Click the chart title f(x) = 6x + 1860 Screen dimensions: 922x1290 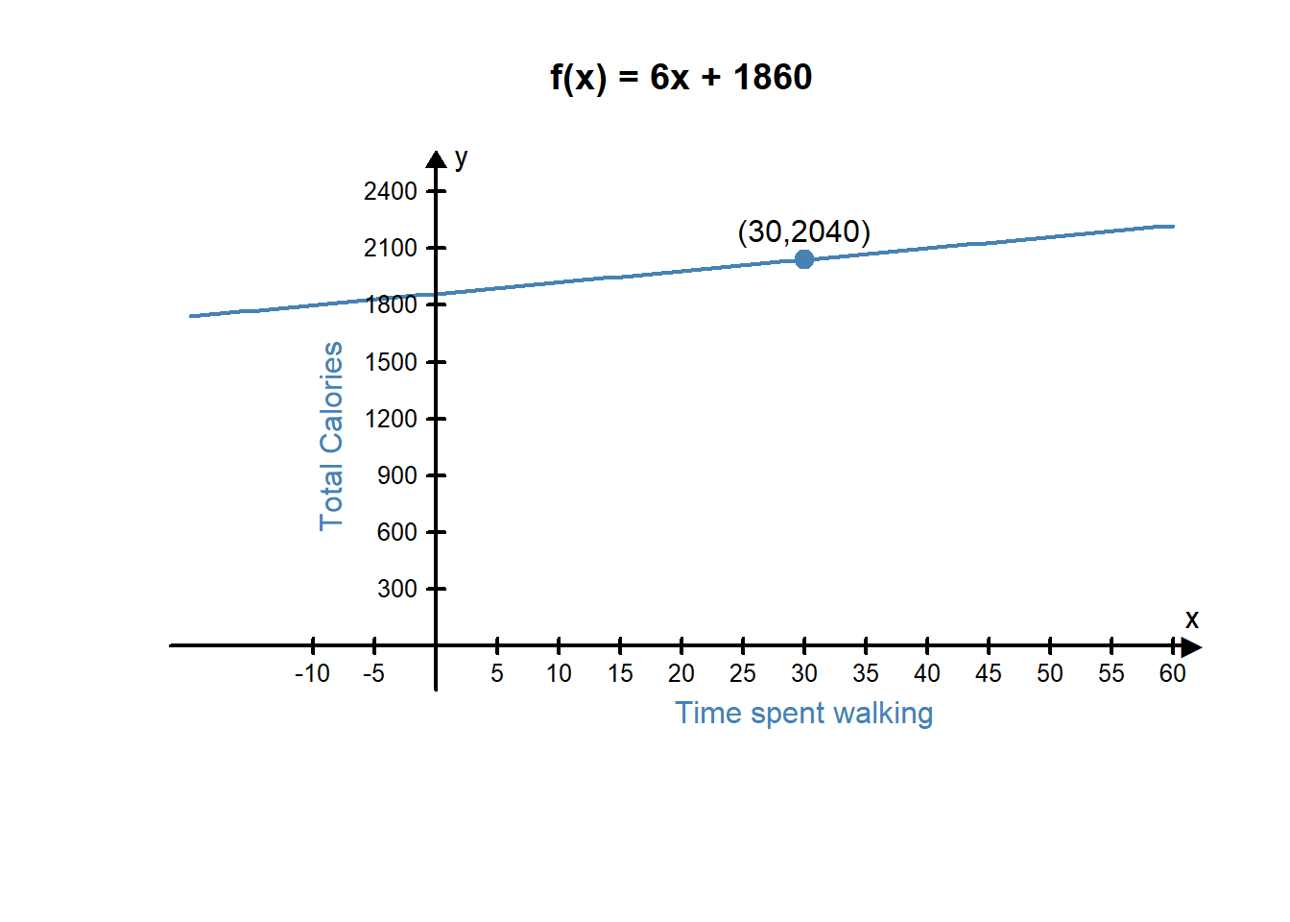point(681,77)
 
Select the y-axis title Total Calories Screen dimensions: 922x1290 point(331,436)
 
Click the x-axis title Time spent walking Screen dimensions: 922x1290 point(803,713)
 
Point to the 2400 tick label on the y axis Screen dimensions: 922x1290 point(390,191)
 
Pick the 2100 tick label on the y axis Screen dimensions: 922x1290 point(390,248)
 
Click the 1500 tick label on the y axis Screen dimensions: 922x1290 point(390,362)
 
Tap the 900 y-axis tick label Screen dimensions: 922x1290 point(396,475)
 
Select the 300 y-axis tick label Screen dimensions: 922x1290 point(396,589)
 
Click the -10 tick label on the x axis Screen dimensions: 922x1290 point(312,673)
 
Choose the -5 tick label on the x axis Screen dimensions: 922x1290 point(373,673)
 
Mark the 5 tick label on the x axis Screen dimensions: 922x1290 point(497,673)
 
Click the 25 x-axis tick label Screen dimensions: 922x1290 point(743,673)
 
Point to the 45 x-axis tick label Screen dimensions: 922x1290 point(989,673)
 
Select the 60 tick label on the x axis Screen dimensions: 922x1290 point(1172,673)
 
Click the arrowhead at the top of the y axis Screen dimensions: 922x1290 point(436,159)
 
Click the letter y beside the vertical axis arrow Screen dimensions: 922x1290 point(462,158)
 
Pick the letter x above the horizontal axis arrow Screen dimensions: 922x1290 point(1191,619)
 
